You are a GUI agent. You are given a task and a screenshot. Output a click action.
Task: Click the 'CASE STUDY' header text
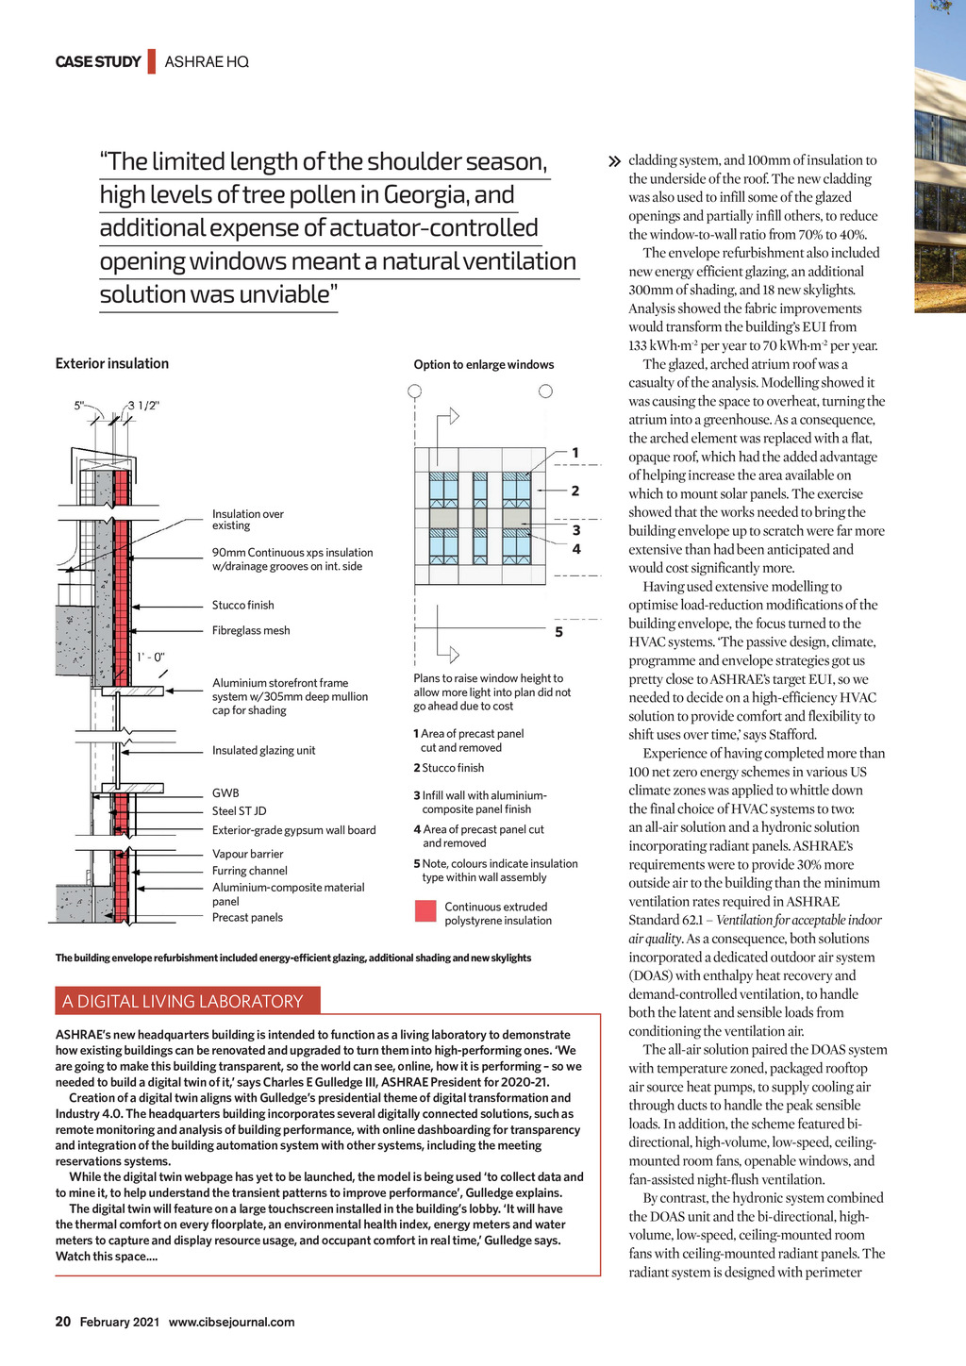pyautogui.click(x=98, y=62)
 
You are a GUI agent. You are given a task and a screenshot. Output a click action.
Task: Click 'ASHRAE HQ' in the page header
pyautogui.click(x=207, y=62)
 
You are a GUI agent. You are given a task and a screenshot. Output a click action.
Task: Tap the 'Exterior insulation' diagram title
pyautogui.click(x=112, y=364)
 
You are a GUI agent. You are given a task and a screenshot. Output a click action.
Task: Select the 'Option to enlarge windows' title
pyautogui.click(x=484, y=365)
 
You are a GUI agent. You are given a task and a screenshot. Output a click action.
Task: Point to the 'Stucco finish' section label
pyautogui.click(x=243, y=606)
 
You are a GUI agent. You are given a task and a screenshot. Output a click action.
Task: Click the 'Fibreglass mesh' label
pyautogui.click(x=251, y=631)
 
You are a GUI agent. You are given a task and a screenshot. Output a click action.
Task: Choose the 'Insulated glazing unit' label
pyautogui.click(x=264, y=751)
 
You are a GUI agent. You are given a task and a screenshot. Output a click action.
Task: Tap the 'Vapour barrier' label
pyautogui.click(x=248, y=855)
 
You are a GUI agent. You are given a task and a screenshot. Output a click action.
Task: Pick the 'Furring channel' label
pyautogui.click(x=250, y=872)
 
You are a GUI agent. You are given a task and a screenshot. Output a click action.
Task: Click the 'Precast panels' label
pyautogui.click(x=247, y=918)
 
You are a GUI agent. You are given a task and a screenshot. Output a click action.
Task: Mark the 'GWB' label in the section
pyautogui.click(x=225, y=793)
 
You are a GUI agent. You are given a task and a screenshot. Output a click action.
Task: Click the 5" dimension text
pyautogui.click(x=79, y=406)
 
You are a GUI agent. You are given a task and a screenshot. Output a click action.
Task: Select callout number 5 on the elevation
pyautogui.click(x=558, y=632)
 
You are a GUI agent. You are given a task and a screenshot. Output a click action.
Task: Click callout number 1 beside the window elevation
pyautogui.click(x=575, y=453)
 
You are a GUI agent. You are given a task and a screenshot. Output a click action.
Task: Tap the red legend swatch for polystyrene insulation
pyautogui.click(x=425, y=911)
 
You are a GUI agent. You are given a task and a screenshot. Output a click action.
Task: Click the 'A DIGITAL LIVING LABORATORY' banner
pyautogui.click(x=183, y=1002)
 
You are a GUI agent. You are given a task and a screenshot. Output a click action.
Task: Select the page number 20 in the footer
pyautogui.click(x=63, y=1322)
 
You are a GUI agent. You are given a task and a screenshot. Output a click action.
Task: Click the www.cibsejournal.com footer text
pyautogui.click(x=231, y=1323)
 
